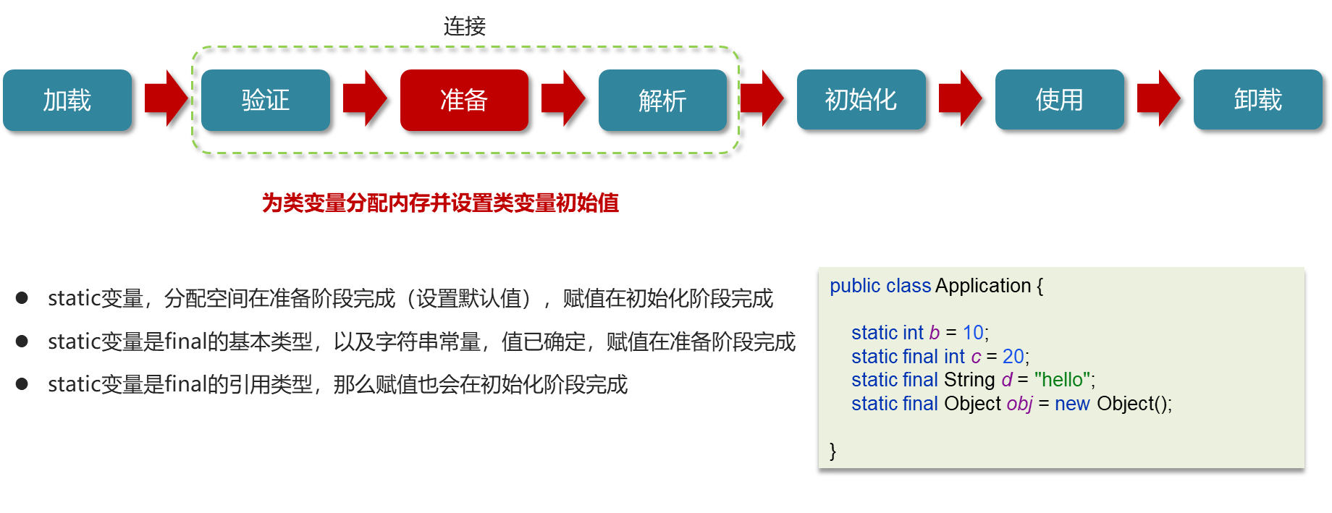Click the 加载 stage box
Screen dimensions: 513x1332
67,100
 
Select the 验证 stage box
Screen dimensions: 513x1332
266,100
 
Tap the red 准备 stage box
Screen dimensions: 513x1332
464,100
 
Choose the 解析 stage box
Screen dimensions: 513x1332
662,100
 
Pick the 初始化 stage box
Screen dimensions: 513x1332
861,100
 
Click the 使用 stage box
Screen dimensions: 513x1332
1059,100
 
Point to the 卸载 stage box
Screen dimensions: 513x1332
1257,100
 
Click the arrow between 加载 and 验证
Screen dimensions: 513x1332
166,98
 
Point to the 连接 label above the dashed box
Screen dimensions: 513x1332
465,27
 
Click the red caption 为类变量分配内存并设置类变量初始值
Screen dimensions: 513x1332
440,203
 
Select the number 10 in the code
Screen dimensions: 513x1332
973,333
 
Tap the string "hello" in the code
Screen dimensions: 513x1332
1062,380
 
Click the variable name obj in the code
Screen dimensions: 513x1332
1019,404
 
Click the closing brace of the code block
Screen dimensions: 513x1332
833,451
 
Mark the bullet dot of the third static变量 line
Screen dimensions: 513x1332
22,384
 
